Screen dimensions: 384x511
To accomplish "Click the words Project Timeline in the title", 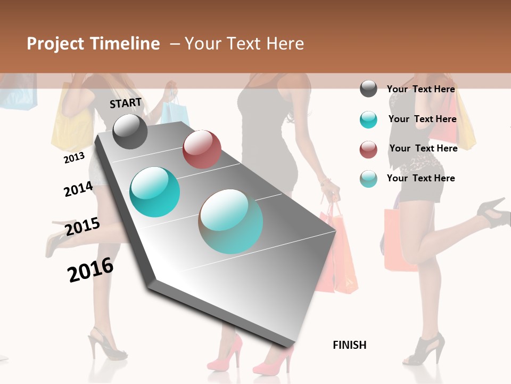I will point(93,44).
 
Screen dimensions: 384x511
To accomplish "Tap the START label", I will point(126,103).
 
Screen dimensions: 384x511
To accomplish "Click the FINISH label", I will point(350,345).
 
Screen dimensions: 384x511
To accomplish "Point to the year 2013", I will point(74,157).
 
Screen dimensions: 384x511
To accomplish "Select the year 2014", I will point(78,189).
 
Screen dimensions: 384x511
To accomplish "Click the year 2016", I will point(90,270).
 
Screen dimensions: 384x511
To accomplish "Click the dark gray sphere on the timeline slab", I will point(130,131).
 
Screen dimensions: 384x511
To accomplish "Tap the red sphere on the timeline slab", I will point(202,149).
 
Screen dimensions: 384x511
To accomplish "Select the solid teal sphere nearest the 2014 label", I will point(154,192).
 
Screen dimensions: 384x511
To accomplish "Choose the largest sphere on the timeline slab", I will point(230,221).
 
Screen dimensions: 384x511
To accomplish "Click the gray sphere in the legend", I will point(368,89).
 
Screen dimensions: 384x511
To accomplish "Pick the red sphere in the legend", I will point(368,149).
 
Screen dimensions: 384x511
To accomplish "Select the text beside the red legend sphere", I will point(423,148).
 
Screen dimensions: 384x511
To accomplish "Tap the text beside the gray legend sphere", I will point(421,89).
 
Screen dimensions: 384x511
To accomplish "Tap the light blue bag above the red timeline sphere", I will point(175,112).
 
